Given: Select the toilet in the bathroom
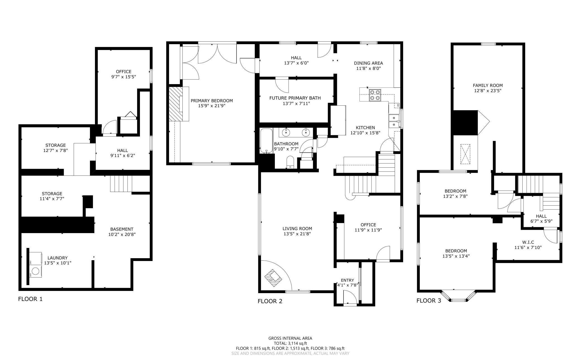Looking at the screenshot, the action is pos(290,162).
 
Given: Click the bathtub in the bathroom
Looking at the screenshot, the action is pos(266,141).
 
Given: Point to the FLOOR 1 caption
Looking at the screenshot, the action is pos(30,299).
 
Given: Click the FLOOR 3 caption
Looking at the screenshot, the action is pos(429,301).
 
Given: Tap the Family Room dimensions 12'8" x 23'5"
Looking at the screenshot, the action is pos(488,91).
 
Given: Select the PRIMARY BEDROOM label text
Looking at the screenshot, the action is pos(212,101).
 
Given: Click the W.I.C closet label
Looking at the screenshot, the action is pos(528,242).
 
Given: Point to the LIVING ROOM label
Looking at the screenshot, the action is pos(297,229).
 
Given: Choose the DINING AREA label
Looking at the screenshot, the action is pos(368,63).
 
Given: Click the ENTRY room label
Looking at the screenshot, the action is pos(347,280).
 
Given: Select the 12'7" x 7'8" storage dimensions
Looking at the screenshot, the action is pos(56,150).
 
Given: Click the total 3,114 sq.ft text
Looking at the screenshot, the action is pos(290,343).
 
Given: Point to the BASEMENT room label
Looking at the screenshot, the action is pos(122,229).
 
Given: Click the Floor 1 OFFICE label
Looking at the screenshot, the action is pos(123,72).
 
